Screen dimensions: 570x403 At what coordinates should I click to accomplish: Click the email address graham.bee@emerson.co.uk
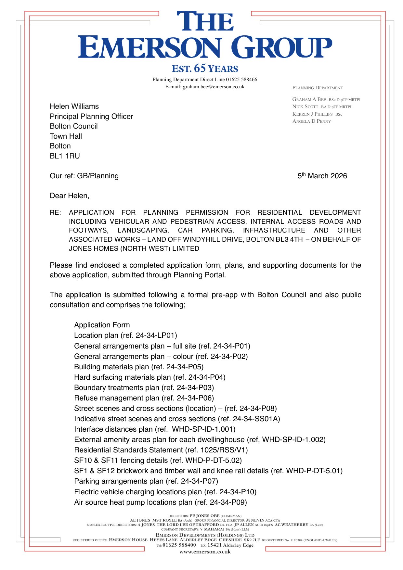(x=214, y=87)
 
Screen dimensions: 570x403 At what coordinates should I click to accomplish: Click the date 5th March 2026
(x=322, y=176)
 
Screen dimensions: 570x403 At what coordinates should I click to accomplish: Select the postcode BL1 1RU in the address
(x=65, y=156)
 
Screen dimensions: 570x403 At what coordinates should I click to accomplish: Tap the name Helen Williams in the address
(x=74, y=107)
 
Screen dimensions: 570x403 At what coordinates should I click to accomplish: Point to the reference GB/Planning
(x=98, y=176)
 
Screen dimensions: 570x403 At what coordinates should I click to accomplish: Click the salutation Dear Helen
(x=69, y=196)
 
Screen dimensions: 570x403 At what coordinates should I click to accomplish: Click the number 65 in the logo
(x=200, y=68)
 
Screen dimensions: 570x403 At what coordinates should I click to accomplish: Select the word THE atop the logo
(x=205, y=22)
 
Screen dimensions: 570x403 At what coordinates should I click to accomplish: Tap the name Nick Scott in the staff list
(x=305, y=107)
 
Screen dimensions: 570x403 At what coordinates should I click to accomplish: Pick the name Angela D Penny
(x=311, y=121)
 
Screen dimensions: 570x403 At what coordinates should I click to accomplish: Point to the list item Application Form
(x=102, y=325)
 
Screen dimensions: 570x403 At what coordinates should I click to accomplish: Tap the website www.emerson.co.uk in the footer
(x=205, y=552)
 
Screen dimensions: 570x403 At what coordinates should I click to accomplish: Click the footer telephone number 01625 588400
(x=179, y=545)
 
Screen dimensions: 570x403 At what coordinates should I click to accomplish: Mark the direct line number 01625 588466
(x=241, y=80)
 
